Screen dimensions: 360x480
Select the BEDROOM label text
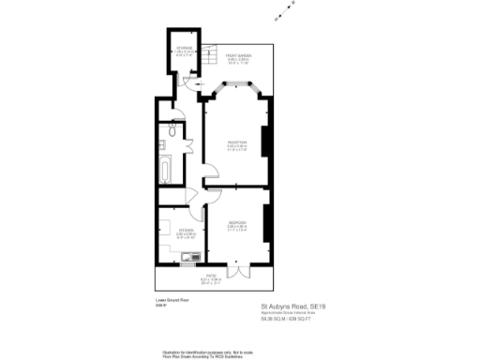tap(236, 223)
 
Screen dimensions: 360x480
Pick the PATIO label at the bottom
tap(211, 277)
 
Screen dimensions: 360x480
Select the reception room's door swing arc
tap(211, 174)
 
